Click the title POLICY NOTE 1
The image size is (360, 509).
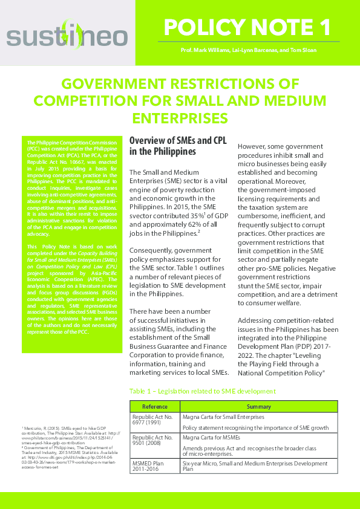click(x=247, y=27)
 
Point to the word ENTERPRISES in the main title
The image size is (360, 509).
click(x=180, y=117)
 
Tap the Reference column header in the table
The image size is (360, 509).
click(x=154, y=406)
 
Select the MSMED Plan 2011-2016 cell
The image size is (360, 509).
click(x=151, y=464)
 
